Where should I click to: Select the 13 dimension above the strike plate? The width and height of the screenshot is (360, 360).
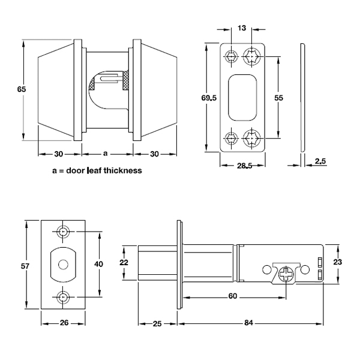click(241, 28)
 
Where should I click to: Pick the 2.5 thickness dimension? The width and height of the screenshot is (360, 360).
click(320, 160)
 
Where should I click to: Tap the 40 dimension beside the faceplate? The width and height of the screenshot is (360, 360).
click(99, 264)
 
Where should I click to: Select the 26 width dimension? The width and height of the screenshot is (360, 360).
click(64, 323)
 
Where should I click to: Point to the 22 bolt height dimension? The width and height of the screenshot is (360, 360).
click(124, 262)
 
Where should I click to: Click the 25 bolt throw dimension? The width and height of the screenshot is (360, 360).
click(157, 323)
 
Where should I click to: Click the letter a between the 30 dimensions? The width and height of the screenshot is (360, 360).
click(106, 154)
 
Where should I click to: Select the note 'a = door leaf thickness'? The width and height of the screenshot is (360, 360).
click(97, 170)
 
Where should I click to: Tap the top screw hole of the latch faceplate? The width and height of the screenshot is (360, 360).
click(64, 232)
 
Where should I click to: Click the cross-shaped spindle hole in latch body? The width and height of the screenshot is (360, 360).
click(287, 273)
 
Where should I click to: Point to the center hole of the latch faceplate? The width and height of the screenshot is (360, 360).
click(62, 264)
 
